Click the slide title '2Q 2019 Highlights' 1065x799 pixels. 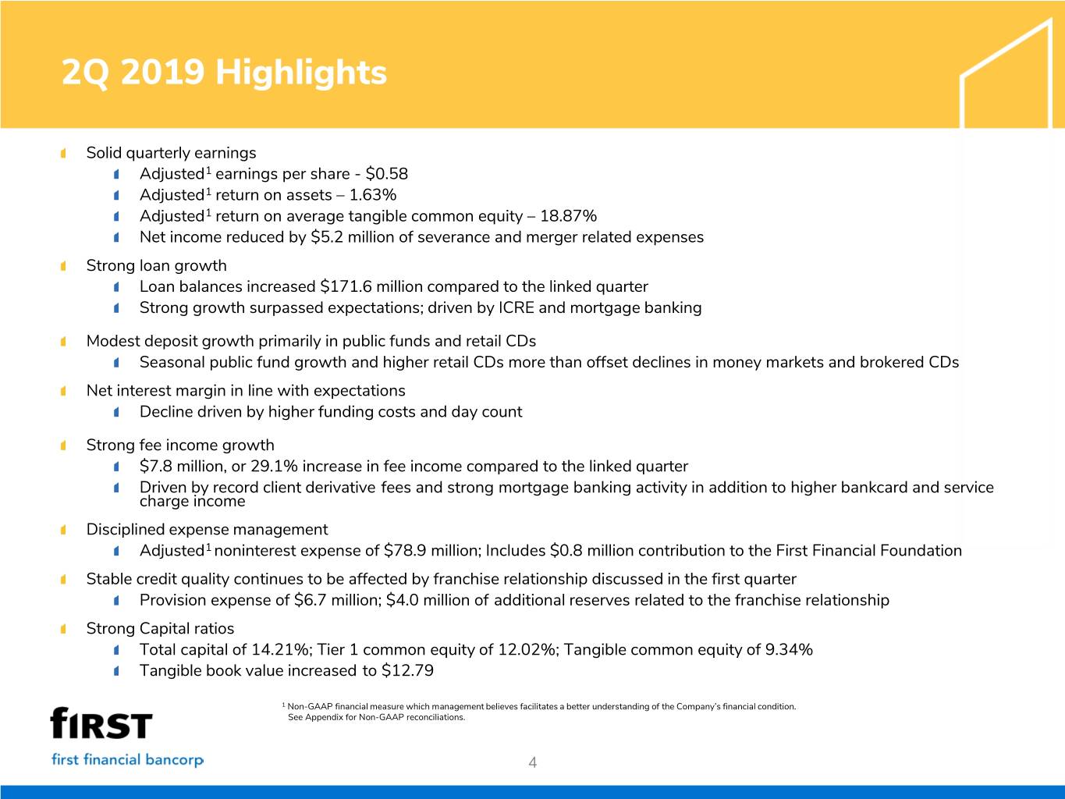click(224, 73)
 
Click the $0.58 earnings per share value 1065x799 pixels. click(386, 174)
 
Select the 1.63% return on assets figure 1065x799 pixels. click(372, 195)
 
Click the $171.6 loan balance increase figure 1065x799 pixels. click(346, 286)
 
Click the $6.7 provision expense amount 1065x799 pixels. click(310, 600)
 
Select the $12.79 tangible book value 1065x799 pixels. click(407, 671)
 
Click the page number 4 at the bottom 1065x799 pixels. click(533, 763)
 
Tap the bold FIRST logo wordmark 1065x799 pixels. click(101, 723)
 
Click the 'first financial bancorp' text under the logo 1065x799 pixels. click(127, 760)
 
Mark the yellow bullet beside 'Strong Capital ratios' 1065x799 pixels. click(63, 629)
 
